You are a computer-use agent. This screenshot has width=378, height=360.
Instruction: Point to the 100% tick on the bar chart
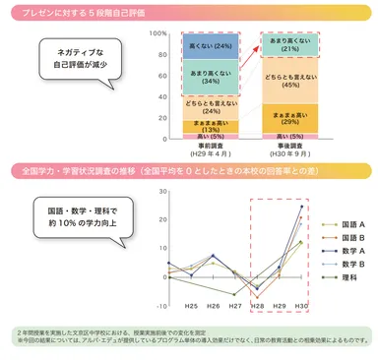pyautogui.click(x=157, y=32)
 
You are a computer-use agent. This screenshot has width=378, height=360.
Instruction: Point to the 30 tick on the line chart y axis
pyautogui.click(x=160, y=192)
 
